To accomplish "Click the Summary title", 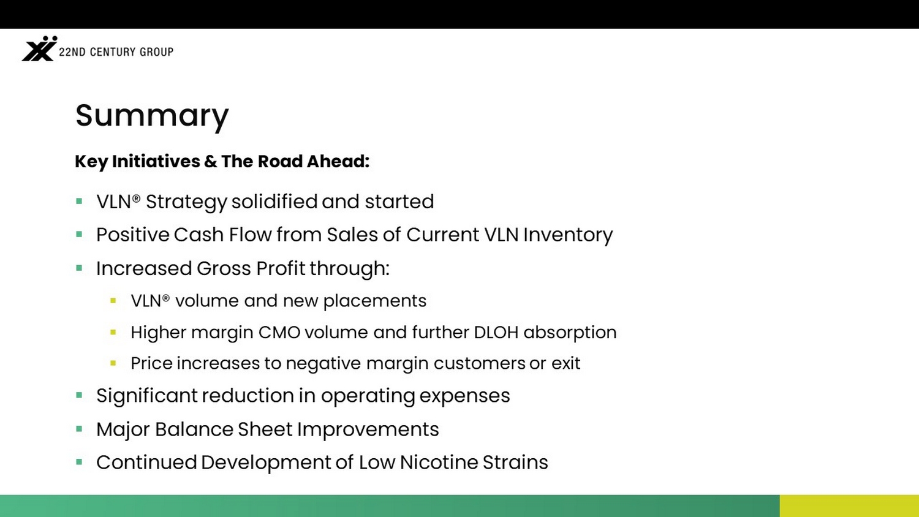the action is (x=152, y=116).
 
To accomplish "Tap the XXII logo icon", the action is (x=39, y=49).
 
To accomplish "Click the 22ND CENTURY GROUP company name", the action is (x=116, y=51).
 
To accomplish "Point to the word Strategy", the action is (x=186, y=202).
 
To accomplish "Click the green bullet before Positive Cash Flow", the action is (x=79, y=234).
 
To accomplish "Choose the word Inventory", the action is (x=568, y=235).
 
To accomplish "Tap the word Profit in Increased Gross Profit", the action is (x=281, y=268).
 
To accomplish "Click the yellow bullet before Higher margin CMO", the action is (x=113, y=332).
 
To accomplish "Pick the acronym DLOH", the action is (x=496, y=333).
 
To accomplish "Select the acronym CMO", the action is (x=279, y=333).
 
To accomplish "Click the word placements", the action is (x=375, y=301).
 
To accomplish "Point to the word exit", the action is (x=565, y=363).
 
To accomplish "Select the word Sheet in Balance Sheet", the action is (x=265, y=429).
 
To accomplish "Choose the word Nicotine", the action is (x=439, y=462).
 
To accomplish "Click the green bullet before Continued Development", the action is (x=79, y=462).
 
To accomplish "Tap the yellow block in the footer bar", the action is (x=849, y=506).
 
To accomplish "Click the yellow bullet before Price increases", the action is (x=113, y=363).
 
